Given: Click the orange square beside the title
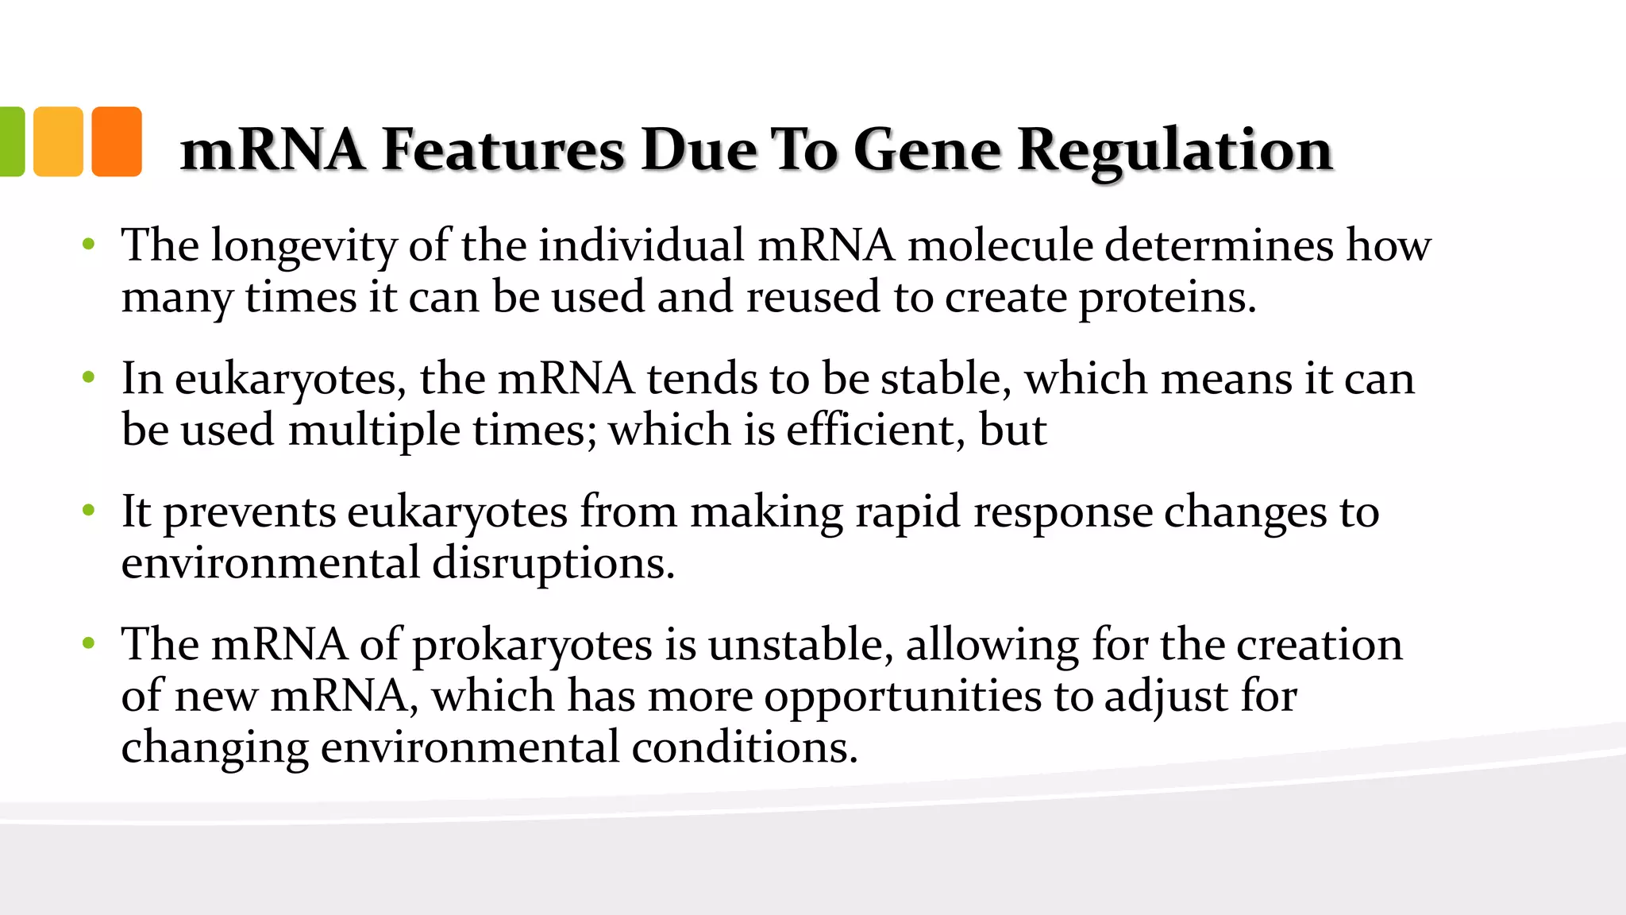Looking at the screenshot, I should (x=117, y=141).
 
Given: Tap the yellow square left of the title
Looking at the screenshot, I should (x=58, y=141).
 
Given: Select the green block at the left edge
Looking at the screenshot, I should (x=12, y=141).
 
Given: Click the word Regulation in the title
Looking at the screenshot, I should (x=1174, y=150).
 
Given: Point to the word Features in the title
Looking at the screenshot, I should (x=503, y=150).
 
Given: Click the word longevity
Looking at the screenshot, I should (x=304, y=246).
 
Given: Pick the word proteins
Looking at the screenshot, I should (x=1167, y=299).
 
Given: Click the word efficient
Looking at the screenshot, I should (x=876, y=430).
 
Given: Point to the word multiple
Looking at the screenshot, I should (x=374, y=431).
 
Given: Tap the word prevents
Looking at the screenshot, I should (x=249, y=513).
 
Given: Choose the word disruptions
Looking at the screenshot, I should (x=553, y=565).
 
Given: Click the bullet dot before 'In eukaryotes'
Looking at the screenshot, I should (x=89, y=376).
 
